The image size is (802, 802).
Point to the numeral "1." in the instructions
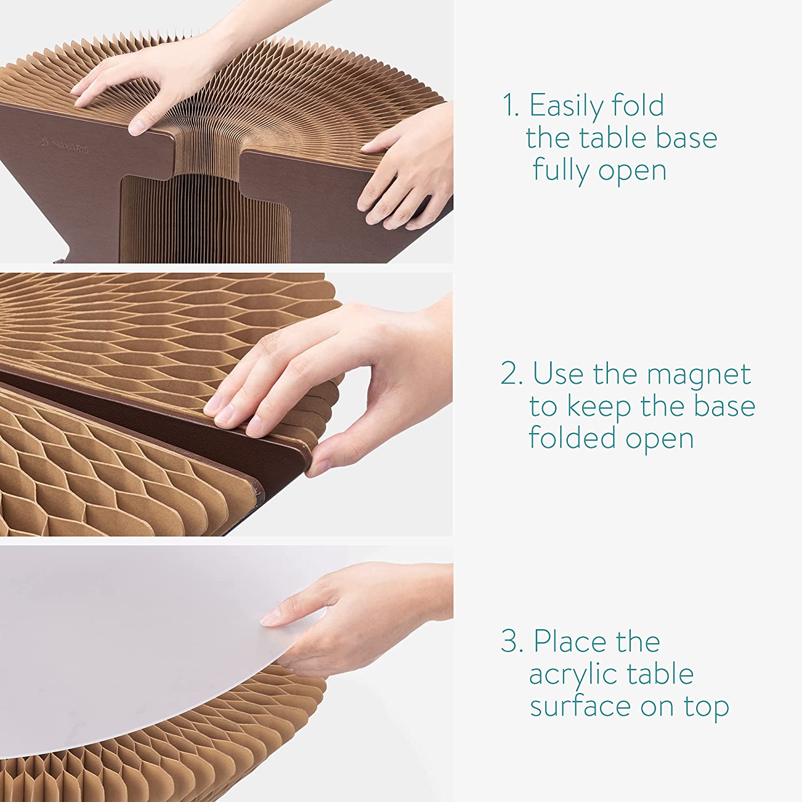click(x=510, y=105)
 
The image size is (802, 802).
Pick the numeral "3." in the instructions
click(x=512, y=641)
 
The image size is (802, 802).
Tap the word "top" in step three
click(x=706, y=708)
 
